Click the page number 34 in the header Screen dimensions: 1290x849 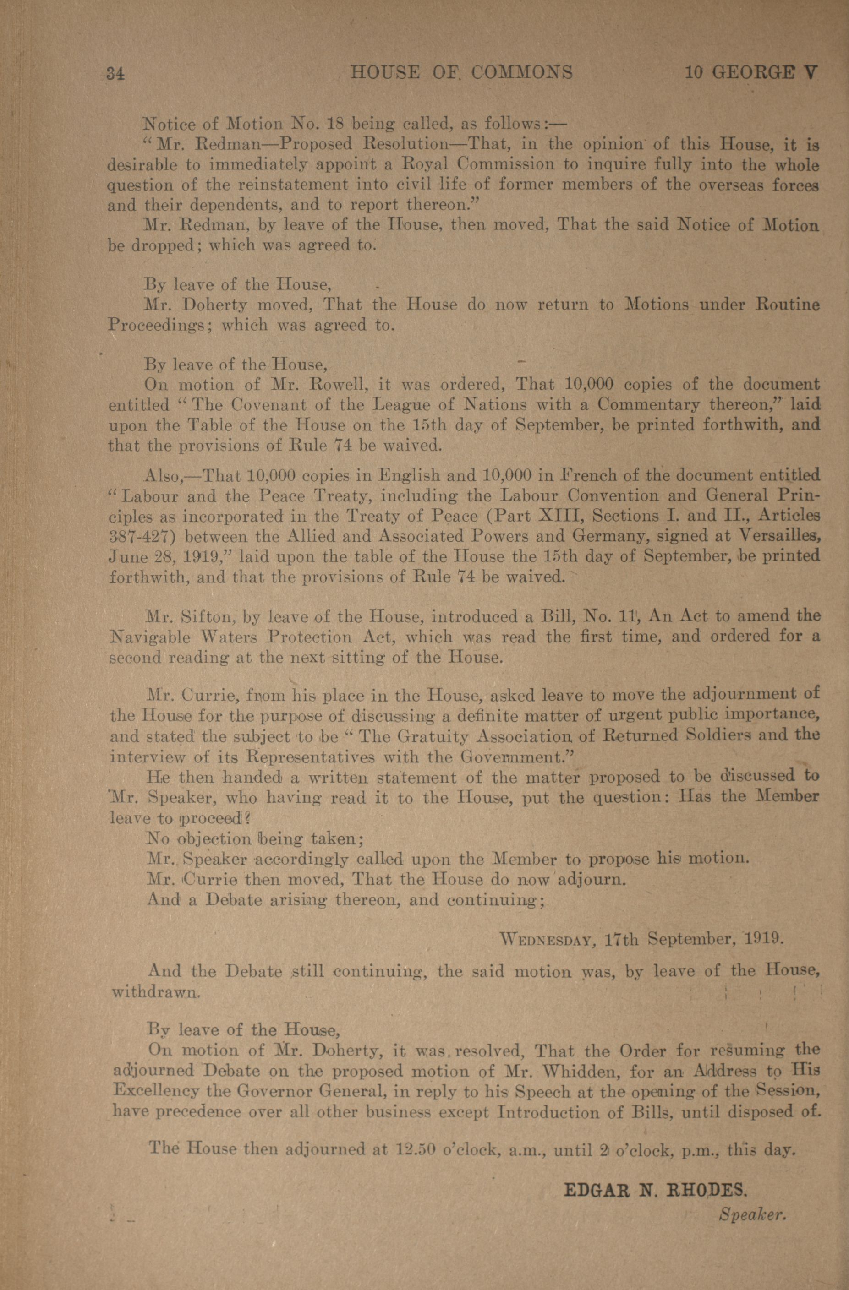pos(116,73)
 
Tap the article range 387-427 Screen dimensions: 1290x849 pos(142,537)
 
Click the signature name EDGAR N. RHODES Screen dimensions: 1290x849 pos(656,1190)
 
